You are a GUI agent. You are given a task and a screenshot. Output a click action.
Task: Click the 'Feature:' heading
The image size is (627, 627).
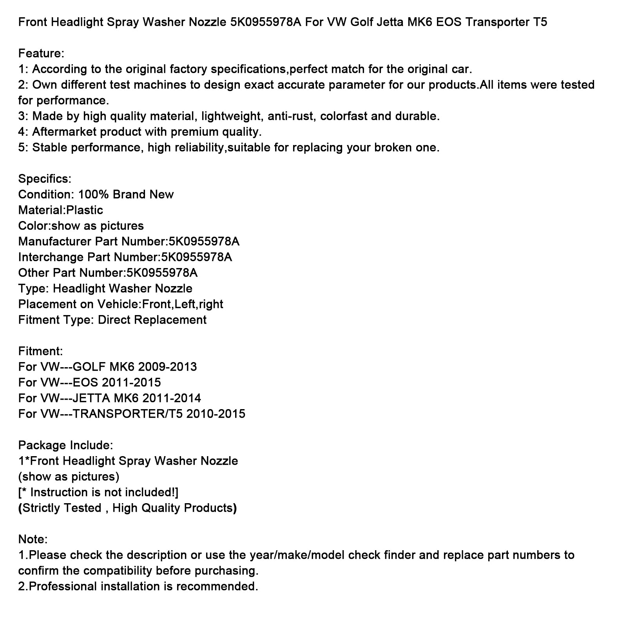click(41, 53)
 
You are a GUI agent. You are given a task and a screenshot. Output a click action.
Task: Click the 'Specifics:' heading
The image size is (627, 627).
click(45, 179)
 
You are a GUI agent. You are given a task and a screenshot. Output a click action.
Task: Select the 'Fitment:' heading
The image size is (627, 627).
click(40, 351)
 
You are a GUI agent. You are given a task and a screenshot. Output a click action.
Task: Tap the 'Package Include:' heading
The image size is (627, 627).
click(65, 445)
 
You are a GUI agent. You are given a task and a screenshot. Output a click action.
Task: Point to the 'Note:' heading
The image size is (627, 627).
click(33, 539)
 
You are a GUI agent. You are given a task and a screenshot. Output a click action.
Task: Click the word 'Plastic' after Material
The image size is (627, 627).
click(85, 210)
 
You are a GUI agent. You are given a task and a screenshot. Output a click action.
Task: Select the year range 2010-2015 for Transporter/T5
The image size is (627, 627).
click(216, 414)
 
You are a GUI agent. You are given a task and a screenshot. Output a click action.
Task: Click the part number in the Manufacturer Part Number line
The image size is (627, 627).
click(204, 241)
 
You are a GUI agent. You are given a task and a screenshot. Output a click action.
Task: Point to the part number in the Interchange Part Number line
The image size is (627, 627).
click(196, 257)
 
